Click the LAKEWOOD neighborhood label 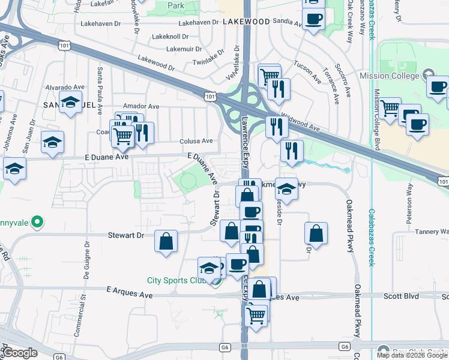pyautogui.click(x=246, y=21)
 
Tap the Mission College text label pyautogui.click(x=389, y=76)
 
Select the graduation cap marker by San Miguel pyautogui.click(x=71, y=102)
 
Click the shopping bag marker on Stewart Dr pyautogui.click(x=166, y=241)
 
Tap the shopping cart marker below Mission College pyautogui.click(x=390, y=109)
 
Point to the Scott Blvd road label pyautogui.click(x=401, y=296)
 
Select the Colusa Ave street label pyautogui.click(x=196, y=142)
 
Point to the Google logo pyautogui.click(x=20, y=353)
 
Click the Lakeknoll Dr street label pyautogui.click(x=170, y=37)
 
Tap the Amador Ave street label pyautogui.click(x=140, y=106)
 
